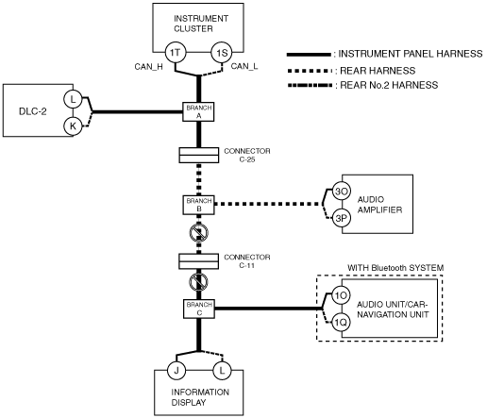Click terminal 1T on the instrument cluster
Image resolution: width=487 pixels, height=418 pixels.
coord(176,53)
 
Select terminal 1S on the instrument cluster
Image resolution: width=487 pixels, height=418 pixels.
coord(222,53)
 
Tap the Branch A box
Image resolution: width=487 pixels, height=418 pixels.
coord(198,111)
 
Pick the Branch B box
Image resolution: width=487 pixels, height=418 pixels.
coord(198,205)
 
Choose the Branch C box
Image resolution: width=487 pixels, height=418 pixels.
coord(199,309)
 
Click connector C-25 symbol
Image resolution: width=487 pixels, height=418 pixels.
coord(199,155)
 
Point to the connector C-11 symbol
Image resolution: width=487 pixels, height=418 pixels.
coord(198,261)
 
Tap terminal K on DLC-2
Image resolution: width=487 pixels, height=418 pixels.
coord(73,126)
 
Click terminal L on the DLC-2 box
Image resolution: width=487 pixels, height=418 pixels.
coord(73,99)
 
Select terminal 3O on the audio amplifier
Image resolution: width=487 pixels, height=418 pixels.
coord(342,192)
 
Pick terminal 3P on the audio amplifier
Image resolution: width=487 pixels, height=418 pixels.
coord(342,218)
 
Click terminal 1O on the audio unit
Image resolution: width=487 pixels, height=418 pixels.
coord(341,295)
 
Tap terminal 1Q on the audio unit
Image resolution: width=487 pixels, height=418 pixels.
coord(341,322)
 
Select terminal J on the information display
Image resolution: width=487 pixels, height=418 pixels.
coord(176,371)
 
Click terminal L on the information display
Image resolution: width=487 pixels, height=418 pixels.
coord(222,371)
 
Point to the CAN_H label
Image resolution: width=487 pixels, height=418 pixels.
coord(148,67)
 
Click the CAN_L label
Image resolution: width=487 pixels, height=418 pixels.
coord(244,66)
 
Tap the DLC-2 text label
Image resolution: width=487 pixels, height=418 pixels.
coord(33,111)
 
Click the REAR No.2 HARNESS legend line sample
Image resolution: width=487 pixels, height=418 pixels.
coord(310,85)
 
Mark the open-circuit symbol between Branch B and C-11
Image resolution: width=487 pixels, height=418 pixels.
coord(199,233)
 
